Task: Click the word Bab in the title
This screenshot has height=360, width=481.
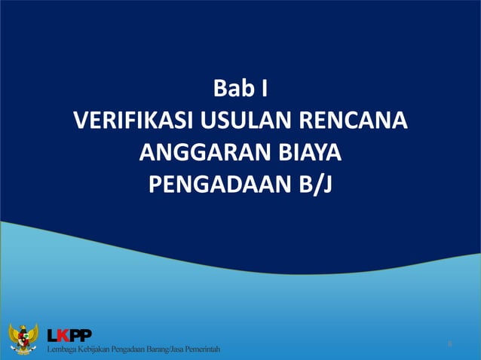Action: (x=232, y=90)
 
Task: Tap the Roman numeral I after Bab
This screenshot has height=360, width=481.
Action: (x=263, y=90)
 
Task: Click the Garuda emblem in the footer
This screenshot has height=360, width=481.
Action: (x=23, y=340)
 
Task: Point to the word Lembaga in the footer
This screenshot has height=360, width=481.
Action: (x=63, y=350)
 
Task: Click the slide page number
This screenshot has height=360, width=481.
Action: (x=449, y=344)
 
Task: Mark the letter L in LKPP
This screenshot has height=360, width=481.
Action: (x=52, y=334)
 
